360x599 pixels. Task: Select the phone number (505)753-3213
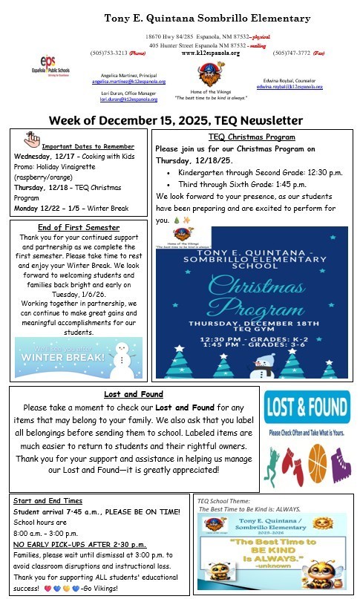108,53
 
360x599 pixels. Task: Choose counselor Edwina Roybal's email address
289,87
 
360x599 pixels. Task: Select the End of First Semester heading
78,227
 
